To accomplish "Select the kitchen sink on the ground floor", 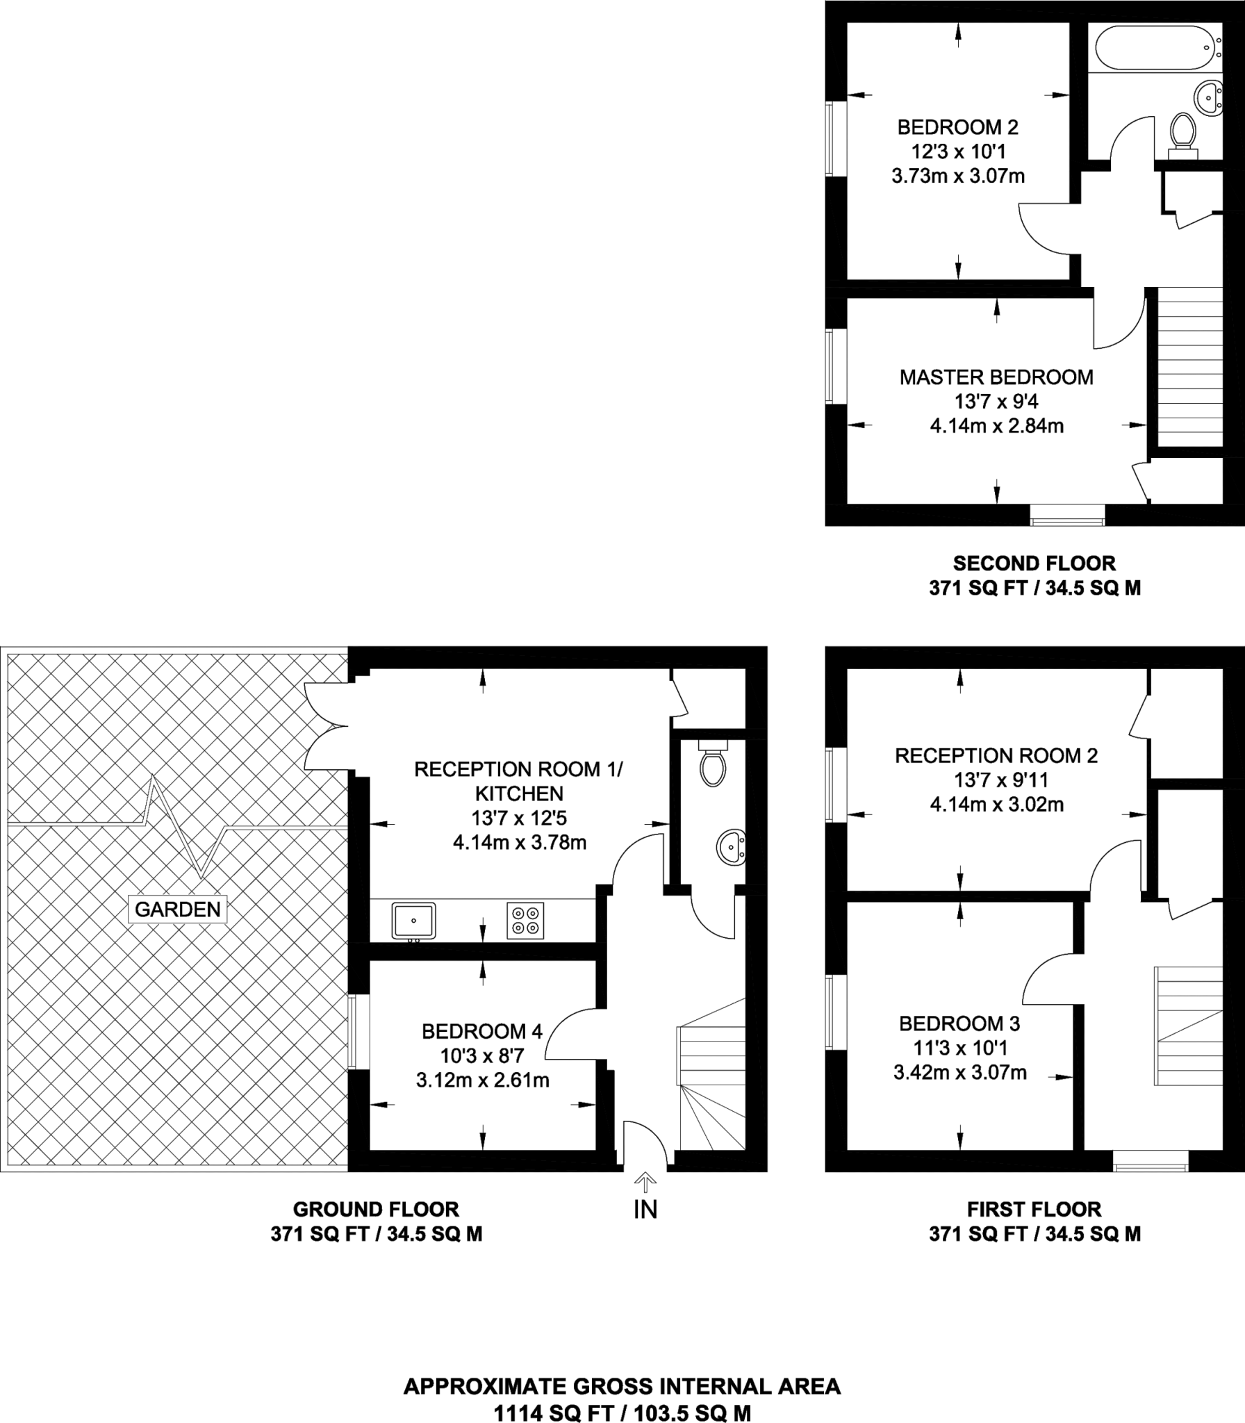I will click(413, 920).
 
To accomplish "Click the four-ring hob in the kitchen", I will click(525, 921).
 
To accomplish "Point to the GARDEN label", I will click(178, 909).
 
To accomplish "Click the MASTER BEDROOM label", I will click(996, 377).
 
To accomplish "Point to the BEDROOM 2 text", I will click(957, 127).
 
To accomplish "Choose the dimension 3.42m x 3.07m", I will click(959, 1072).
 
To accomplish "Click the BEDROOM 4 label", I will click(481, 1031).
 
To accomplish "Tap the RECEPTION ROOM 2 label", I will click(996, 755).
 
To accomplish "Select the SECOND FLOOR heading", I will click(1034, 563).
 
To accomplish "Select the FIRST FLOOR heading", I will click(1034, 1209).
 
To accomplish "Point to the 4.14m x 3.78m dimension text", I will click(519, 843).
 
